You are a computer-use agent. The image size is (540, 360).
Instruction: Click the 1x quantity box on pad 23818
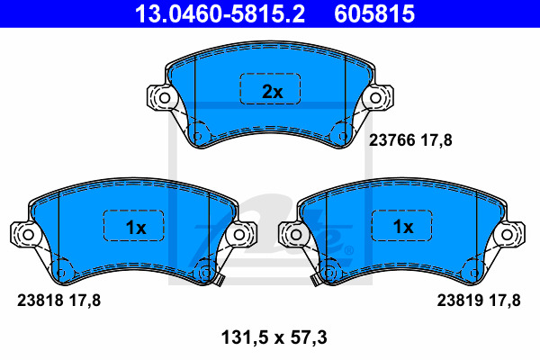(x=135, y=227)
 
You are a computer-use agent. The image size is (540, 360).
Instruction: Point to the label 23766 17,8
(x=409, y=139)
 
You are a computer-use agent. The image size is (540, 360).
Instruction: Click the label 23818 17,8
(x=56, y=301)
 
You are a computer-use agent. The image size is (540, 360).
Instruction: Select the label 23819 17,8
(x=479, y=301)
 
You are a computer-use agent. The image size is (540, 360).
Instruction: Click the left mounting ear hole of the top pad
(x=164, y=98)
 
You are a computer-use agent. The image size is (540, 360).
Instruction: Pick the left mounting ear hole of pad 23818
(x=27, y=234)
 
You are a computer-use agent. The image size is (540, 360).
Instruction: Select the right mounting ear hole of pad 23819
(x=511, y=234)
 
